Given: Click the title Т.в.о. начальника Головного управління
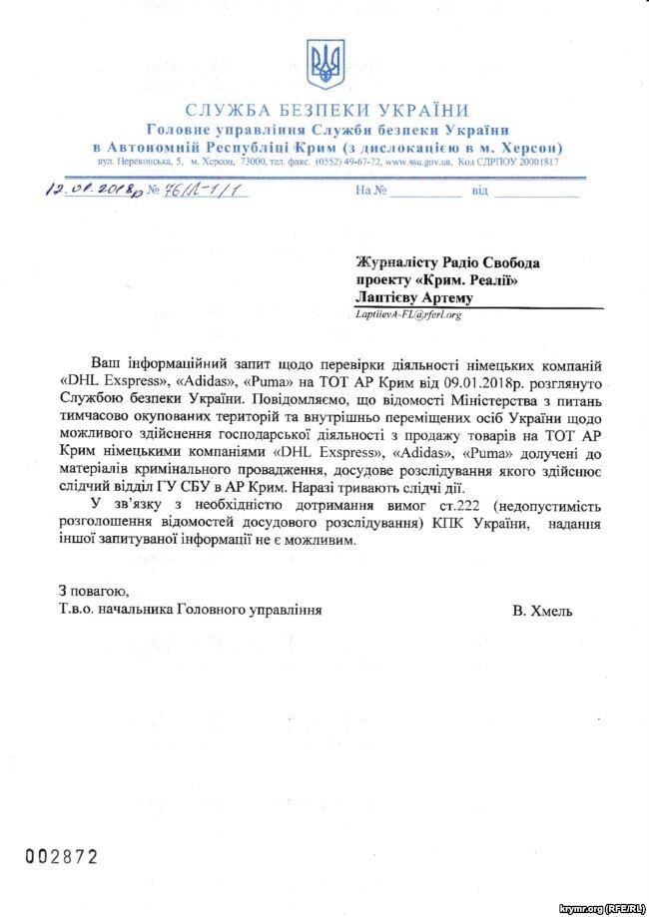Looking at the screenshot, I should coord(191,609).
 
